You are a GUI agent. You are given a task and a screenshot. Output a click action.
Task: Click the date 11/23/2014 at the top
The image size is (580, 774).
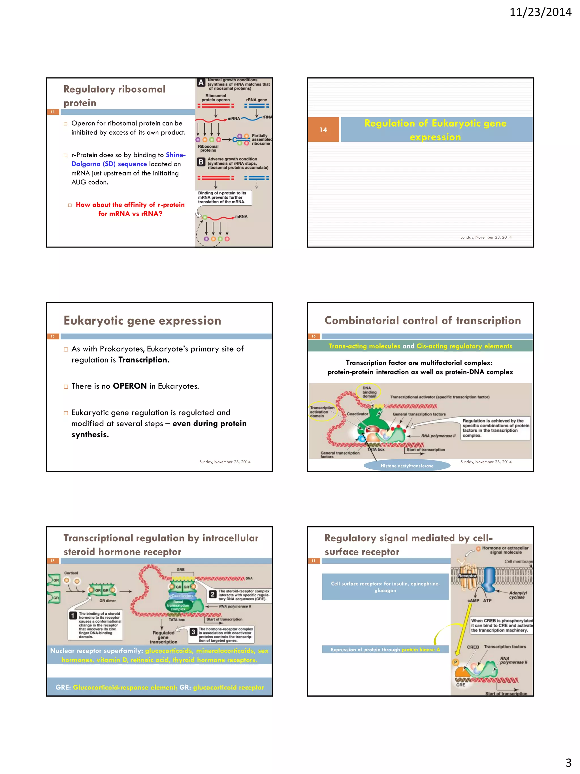pos(540,12)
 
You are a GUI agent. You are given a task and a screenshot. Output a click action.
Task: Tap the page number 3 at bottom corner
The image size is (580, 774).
pos(568,762)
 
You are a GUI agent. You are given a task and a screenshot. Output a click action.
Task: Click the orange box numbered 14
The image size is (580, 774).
pos(323,130)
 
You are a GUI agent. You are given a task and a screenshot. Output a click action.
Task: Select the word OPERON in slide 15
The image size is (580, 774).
pos(130,386)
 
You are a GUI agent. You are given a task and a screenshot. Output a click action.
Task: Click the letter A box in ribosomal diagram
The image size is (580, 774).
pos(201,82)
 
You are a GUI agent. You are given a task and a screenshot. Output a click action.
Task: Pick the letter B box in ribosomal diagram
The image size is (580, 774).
pos(201,162)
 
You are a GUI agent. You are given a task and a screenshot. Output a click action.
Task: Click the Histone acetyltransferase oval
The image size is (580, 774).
pos(407,466)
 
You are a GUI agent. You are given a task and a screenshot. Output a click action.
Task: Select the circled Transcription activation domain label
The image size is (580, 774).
pos(322,412)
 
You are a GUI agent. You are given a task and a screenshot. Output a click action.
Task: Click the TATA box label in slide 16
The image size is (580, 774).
pos(376,449)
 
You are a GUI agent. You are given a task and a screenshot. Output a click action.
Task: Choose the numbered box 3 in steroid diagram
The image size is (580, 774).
pos(193,632)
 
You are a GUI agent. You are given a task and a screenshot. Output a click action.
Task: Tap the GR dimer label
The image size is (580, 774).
pos(107,601)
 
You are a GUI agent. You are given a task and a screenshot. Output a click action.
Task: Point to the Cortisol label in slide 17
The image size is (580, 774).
pos(71,573)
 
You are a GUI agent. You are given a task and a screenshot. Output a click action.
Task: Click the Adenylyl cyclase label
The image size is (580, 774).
pos(517,595)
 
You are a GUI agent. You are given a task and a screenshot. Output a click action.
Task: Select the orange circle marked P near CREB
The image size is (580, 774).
pos(455,662)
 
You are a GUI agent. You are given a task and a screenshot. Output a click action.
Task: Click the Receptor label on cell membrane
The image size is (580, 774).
pos(467,576)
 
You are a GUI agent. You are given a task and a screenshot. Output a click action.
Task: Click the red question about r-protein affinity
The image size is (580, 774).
pos(130,209)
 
